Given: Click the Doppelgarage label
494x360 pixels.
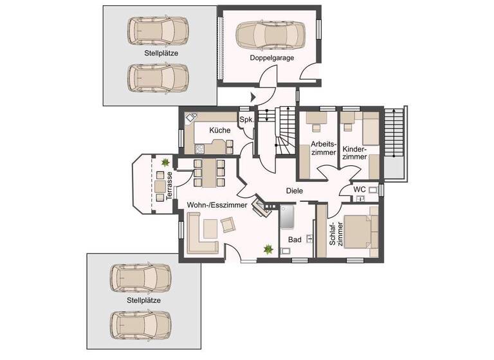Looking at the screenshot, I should (x=272, y=58).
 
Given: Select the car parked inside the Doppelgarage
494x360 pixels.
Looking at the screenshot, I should (x=270, y=35).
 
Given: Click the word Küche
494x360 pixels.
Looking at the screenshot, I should (x=219, y=130).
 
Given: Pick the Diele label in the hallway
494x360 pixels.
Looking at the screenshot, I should (x=294, y=191).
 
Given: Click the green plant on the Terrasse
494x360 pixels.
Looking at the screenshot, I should (x=166, y=163).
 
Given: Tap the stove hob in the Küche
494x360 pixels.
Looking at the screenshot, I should (x=199, y=148).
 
